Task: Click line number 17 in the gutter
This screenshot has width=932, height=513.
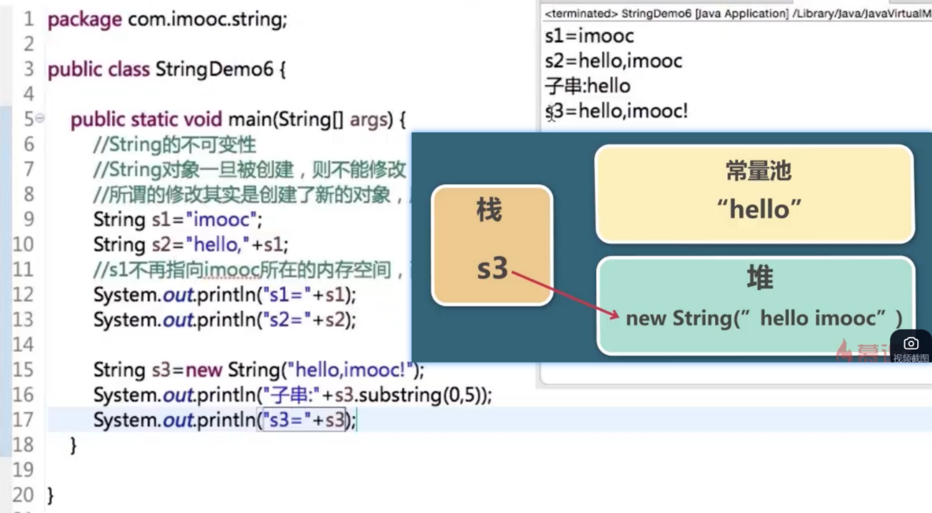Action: click(23, 420)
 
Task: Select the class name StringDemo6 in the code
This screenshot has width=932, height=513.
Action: click(214, 69)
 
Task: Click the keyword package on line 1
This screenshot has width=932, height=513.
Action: click(84, 19)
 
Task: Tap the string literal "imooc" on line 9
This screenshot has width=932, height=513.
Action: click(222, 219)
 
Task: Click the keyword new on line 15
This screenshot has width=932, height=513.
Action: click(204, 370)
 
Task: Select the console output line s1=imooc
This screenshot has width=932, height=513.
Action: click(589, 36)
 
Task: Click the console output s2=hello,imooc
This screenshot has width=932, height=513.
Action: click(613, 61)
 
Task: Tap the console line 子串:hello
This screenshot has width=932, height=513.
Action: click(588, 86)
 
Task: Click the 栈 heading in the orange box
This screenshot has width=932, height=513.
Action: click(489, 209)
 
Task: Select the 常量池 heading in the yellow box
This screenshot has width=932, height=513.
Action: click(758, 170)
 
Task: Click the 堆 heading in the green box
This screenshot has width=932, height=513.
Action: click(760, 277)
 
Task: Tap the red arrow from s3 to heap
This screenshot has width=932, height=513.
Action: click(564, 294)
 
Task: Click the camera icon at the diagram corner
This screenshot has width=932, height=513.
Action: click(911, 344)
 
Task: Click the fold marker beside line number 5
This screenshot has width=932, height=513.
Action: click(40, 119)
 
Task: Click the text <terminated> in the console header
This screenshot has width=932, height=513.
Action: click(581, 14)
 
